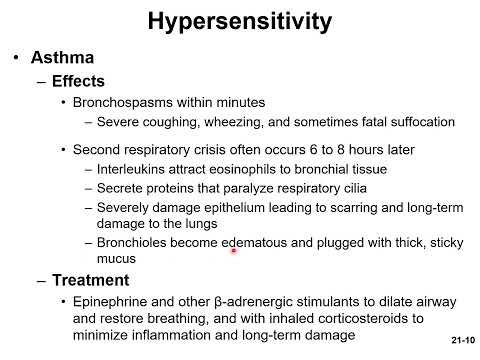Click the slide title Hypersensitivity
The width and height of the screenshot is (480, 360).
pyautogui.click(x=240, y=21)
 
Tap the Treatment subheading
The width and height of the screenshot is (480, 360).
pyautogui.click(x=92, y=280)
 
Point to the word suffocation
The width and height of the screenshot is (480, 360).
pyautogui.click(x=419, y=122)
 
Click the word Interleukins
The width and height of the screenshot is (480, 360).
pyautogui.click(x=133, y=169)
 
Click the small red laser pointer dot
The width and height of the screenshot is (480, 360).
pyautogui.click(x=234, y=252)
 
